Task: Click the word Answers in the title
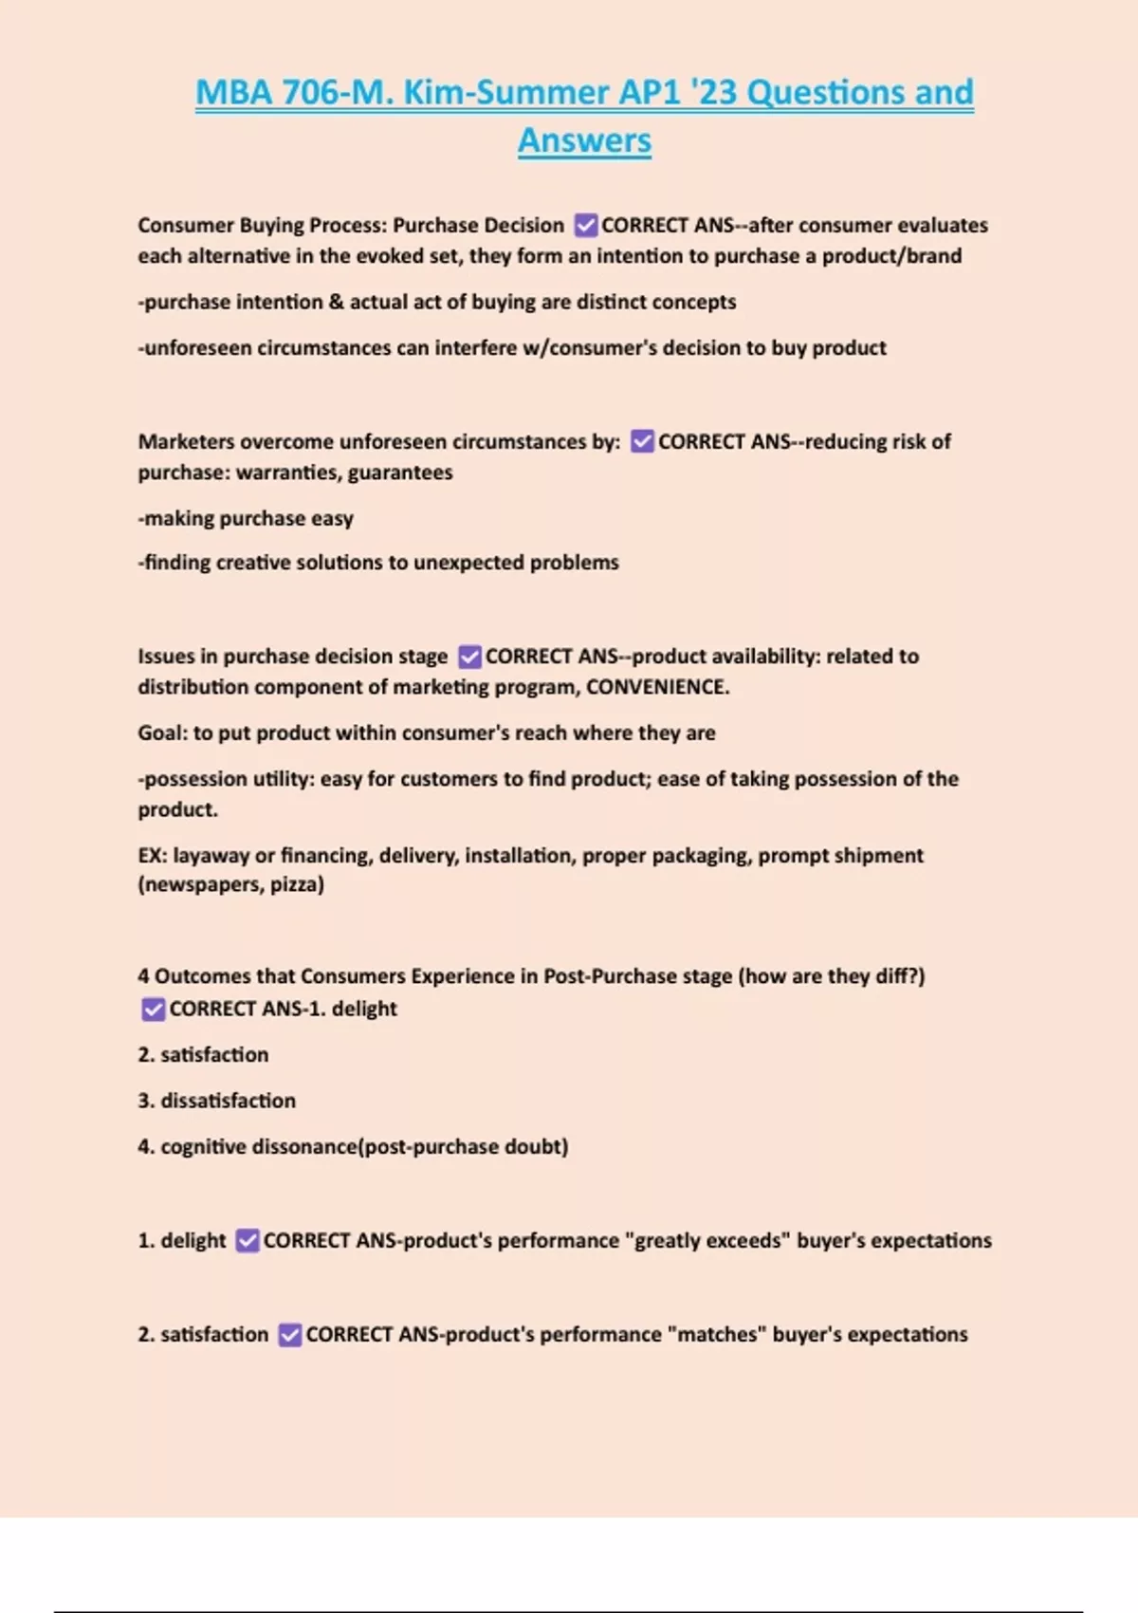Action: point(584,140)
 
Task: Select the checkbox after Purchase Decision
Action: point(586,226)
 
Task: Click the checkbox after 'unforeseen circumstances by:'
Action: point(642,441)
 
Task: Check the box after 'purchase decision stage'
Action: point(469,657)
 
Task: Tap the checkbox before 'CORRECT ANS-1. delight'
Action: point(153,1010)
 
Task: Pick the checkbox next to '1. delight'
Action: point(248,1241)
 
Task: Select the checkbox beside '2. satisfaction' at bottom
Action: point(290,1335)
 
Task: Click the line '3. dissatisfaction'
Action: point(217,1101)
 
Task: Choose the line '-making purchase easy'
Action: point(246,519)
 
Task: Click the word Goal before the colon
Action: point(160,733)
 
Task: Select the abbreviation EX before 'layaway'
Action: point(151,856)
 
